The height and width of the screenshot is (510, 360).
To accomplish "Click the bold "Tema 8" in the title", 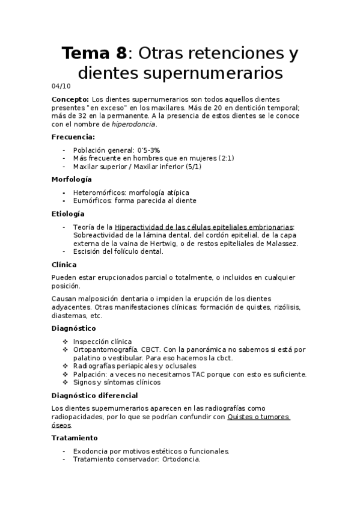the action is (94, 53).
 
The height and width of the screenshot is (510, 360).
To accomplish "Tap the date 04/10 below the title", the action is (61, 85).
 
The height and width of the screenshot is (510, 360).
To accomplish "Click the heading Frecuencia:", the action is (73, 137).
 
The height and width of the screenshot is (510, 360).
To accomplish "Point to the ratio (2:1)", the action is (222, 158).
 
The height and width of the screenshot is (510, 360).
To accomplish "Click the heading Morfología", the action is (72, 179).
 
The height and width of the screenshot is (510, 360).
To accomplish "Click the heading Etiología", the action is (68, 214).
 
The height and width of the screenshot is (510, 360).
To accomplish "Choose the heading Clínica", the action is (64, 265).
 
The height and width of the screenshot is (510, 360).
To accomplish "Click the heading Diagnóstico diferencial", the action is (95, 395).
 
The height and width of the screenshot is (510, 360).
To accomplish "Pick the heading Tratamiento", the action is (75, 438).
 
